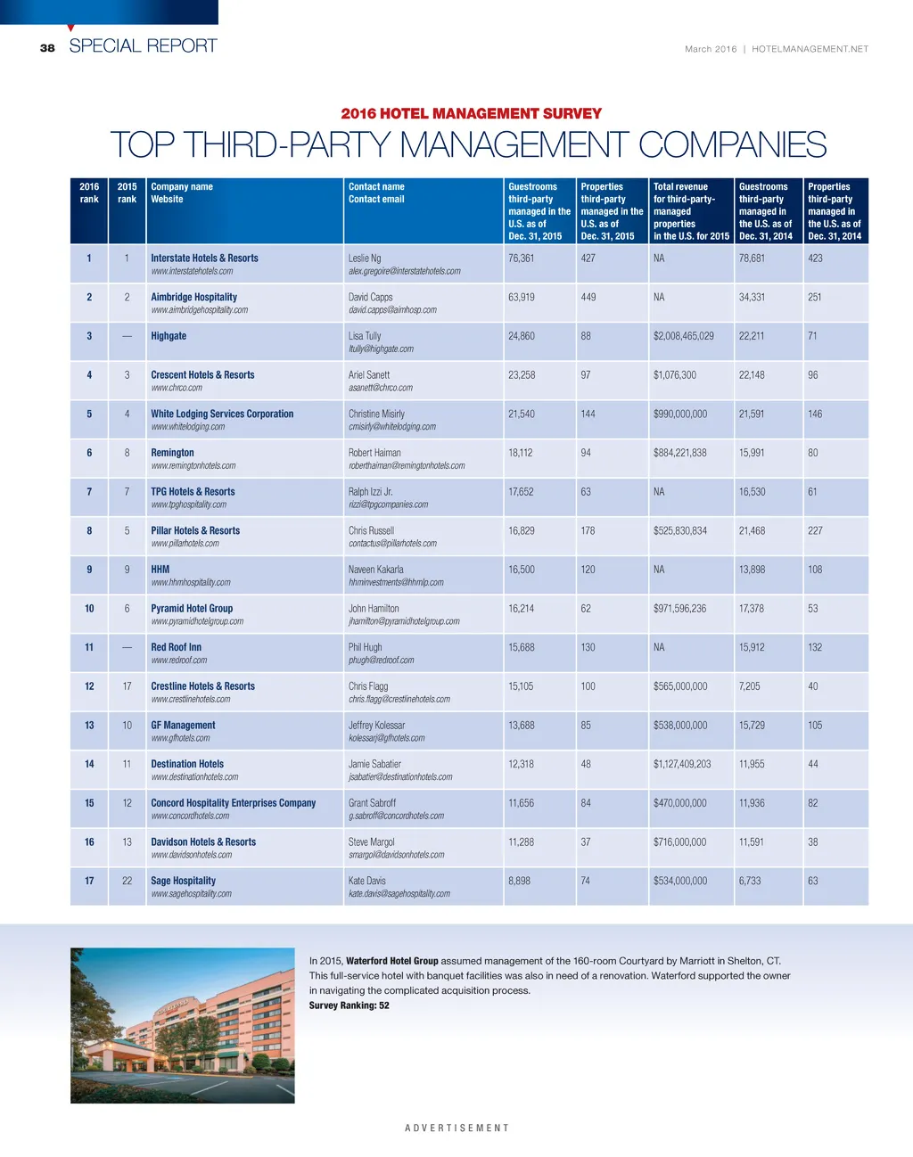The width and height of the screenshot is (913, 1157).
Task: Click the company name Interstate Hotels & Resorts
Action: point(204,258)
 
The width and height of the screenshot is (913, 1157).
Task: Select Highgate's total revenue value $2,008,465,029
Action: point(683,336)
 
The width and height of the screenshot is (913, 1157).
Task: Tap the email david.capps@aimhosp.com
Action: point(392,310)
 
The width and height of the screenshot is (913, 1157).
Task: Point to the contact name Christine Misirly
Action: point(376,414)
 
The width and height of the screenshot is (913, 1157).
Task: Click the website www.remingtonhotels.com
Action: point(193,465)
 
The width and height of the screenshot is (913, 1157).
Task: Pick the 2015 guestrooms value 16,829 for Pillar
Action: point(522,530)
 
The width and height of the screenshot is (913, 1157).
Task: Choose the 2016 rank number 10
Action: point(89,609)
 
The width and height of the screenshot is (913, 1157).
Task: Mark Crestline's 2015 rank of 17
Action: point(127,686)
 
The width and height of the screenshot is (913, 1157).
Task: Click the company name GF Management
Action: point(183,726)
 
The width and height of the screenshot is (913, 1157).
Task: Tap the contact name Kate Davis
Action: point(367,881)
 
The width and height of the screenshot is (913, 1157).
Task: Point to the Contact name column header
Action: point(376,187)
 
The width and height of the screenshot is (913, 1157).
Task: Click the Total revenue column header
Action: point(680,187)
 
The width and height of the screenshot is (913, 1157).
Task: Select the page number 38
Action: point(47,48)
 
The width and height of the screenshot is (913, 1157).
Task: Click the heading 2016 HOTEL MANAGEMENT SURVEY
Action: point(471,113)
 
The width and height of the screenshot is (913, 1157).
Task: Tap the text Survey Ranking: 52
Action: point(349,1005)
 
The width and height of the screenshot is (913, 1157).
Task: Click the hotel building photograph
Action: point(182,1025)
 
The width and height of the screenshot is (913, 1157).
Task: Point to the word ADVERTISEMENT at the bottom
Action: point(456,1128)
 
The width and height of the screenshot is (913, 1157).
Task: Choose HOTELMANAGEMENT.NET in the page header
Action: point(810,49)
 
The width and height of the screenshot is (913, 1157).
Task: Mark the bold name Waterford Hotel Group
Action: point(391,961)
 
